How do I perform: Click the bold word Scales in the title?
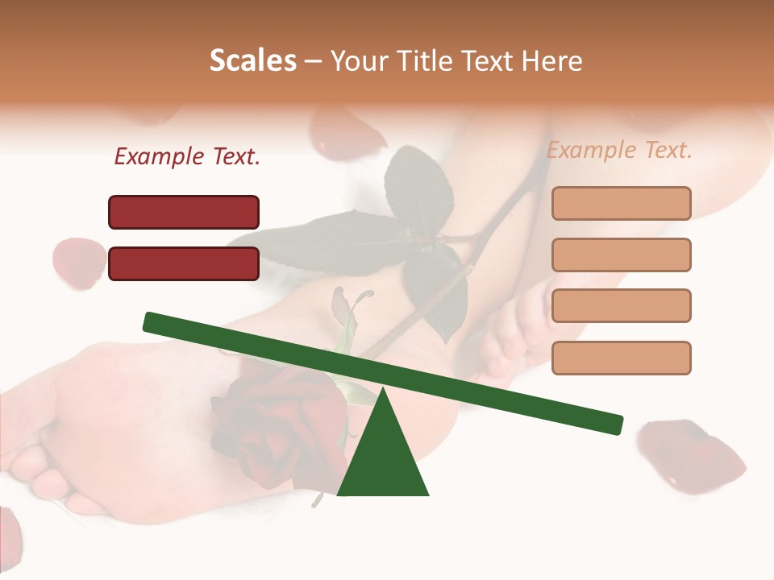(x=253, y=61)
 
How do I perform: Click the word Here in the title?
(x=551, y=61)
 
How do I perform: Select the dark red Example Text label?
(x=187, y=157)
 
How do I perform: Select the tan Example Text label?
(x=619, y=150)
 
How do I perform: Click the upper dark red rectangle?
(x=184, y=212)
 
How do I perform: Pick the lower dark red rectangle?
(x=184, y=263)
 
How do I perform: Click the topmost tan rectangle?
(x=621, y=203)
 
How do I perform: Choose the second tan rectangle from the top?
(x=621, y=255)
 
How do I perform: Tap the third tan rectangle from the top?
(x=621, y=306)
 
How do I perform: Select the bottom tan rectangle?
(x=621, y=358)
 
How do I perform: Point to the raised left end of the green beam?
(x=153, y=321)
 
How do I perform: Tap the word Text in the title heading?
(x=484, y=61)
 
